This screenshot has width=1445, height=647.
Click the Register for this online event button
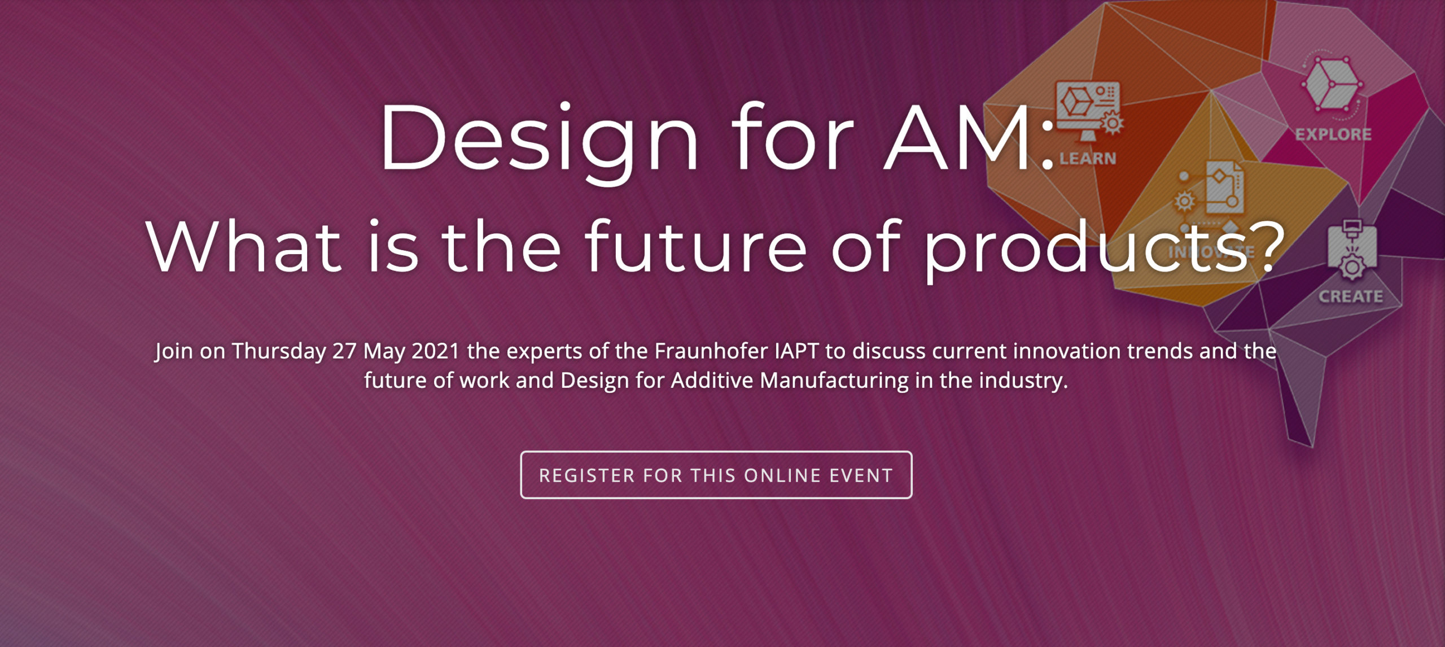pyautogui.click(x=716, y=475)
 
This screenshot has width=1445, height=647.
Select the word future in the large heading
pyautogui.click(x=696, y=246)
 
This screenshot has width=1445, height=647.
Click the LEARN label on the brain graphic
pyautogui.click(x=1088, y=159)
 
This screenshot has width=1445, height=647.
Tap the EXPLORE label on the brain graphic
pyautogui.click(x=1333, y=134)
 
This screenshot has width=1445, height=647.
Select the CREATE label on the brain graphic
pyautogui.click(x=1351, y=296)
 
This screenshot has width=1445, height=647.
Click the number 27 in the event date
pyautogui.click(x=344, y=351)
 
